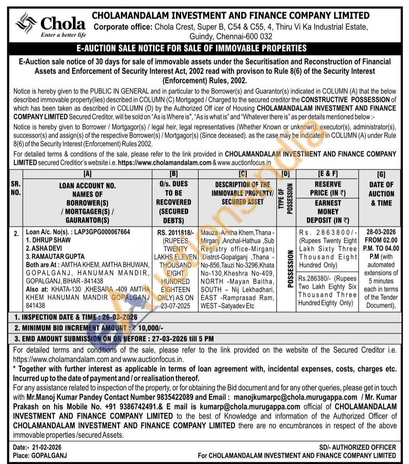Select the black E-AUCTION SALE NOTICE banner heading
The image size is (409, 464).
pos(204,48)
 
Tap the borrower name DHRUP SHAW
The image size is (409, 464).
pos(48,240)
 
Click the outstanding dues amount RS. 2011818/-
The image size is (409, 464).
pos(173,232)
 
